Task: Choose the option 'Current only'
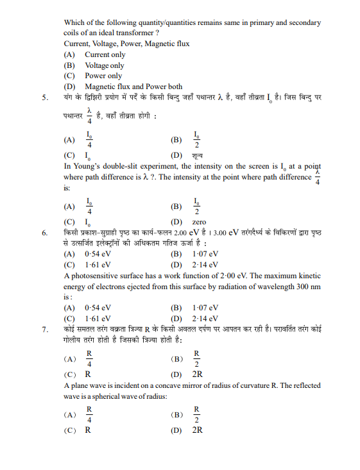tap(105, 55)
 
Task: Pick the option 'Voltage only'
tap(105, 65)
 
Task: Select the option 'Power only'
tap(103, 76)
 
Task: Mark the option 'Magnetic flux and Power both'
tap(133, 87)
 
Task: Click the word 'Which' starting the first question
tap(75, 22)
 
